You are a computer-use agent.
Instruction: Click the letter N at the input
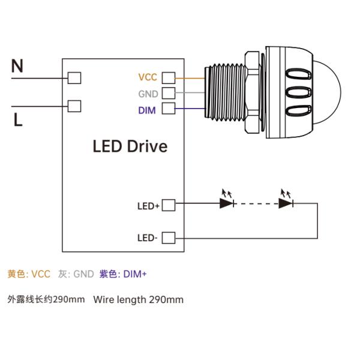[17, 67]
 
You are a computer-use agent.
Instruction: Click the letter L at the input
[17, 120]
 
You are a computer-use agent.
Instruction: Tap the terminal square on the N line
[74, 77]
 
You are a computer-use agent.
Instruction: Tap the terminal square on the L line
[74, 106]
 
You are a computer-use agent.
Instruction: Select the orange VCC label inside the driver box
[148, 77]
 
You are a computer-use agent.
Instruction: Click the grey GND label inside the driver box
[148, 94]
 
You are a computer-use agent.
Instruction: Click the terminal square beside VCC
[169, 77]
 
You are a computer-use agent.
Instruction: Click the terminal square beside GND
[169, 93]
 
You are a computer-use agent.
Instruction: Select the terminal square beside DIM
[169, 109]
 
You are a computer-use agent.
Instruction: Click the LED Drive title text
[130, 146]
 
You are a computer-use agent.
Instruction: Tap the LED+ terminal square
[169, 205]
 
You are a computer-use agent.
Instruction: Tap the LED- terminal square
[169, 238]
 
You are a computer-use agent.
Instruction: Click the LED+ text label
[148, 206]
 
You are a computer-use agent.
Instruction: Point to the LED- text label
[148, 238]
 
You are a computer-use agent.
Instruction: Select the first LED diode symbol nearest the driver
[227, 203]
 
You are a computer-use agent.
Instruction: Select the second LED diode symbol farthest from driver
[286, 203]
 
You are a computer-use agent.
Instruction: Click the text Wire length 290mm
[138, 299]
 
